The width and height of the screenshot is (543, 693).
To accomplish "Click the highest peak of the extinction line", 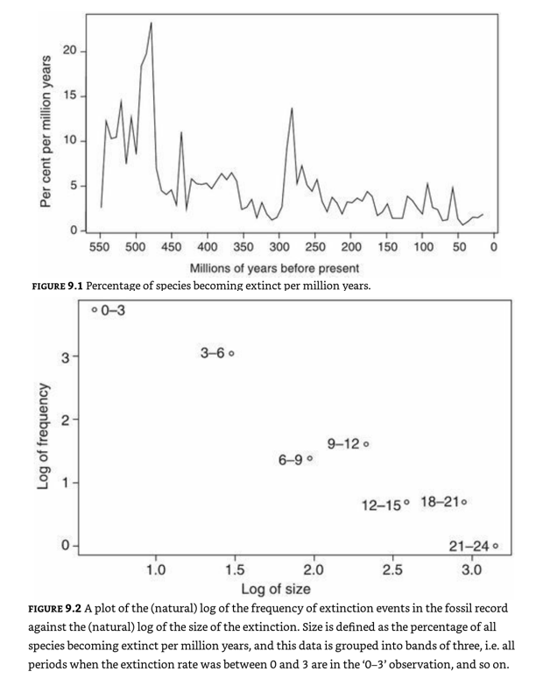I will pyautogui.click(x=151, y=23).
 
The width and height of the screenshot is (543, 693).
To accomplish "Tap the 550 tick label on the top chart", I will pyautogui.click(x=100, y=248).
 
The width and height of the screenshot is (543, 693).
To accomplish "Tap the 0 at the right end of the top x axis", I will pyautogui.click(x=495, y=248).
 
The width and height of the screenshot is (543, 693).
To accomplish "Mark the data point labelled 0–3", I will pyautogui.click(x=95, y=309).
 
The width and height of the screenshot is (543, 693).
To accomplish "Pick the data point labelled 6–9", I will pyautogui.click(x=310, y=459).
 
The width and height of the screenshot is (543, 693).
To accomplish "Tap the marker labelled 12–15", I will pyautogui.click(x=406, y=504).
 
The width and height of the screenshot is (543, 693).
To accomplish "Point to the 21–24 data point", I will pyautogui.click(x=496, y=547).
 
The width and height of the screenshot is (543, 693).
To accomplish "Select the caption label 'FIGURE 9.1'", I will pyautogui.click(x=57, y=285).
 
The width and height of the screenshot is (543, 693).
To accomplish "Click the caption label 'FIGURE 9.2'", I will pyautogui.click(x=57, y=607).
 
